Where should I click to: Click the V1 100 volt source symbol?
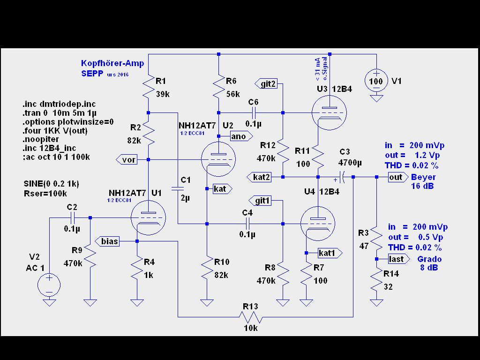376,81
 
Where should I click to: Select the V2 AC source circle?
49,285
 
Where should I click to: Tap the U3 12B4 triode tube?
329,112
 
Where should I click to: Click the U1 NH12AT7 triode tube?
148,218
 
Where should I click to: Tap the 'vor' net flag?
127,160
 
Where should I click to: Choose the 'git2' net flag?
266,84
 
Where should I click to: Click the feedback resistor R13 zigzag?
251,317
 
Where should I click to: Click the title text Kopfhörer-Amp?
112,63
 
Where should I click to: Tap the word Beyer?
423,177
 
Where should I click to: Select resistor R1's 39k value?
162,94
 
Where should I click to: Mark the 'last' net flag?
397,259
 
